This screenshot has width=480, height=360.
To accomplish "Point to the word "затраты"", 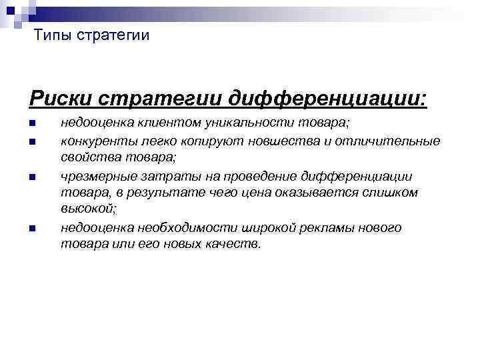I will click(161, 176).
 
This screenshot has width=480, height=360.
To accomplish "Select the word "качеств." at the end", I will click(237, 245).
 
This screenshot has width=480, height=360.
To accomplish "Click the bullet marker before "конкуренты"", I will click(31, 141).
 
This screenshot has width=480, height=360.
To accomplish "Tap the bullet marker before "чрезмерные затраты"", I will click(31, 177).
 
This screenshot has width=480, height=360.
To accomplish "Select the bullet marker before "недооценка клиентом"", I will click(31, 124).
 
